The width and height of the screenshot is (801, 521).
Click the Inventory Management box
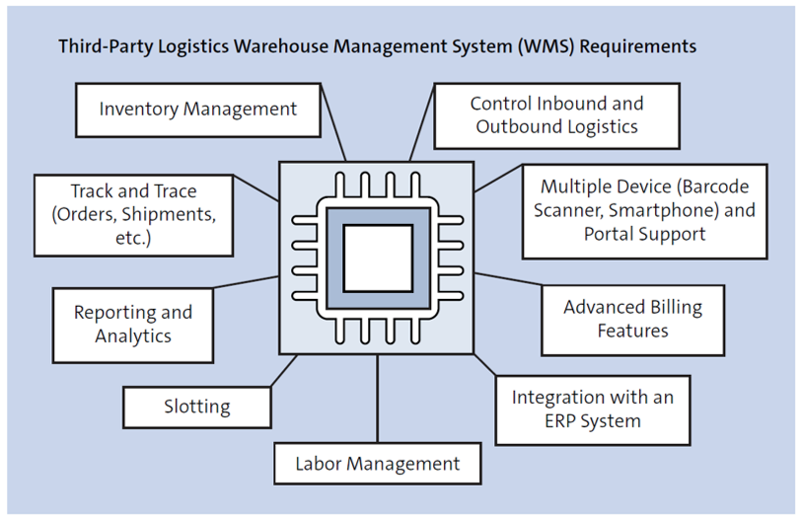click(x=197, y=110)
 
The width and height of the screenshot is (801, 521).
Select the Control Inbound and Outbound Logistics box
click(x=556, y=114)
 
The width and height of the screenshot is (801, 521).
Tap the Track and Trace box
click(x=133, y=214)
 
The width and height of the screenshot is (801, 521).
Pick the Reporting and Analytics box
click(x=133, y=325)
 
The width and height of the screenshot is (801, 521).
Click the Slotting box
click(x=197, y=407)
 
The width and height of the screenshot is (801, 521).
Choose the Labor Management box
click(x=377, y=463)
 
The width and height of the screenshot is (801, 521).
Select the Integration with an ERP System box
click(x=592, y=409)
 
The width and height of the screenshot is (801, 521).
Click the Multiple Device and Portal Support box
click(x=644, y=210)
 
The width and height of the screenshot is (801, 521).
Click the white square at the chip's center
click(x=377, y=258)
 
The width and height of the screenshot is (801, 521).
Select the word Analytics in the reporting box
click(x=133, y=336)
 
